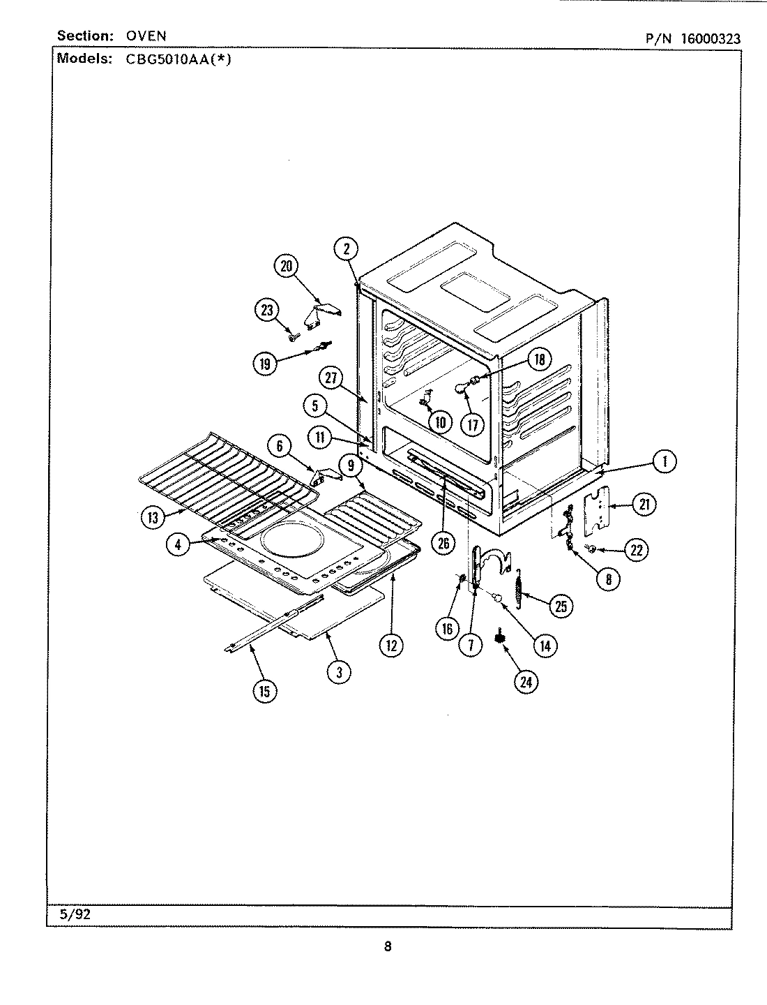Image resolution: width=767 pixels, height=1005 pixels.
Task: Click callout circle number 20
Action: coord(286,266)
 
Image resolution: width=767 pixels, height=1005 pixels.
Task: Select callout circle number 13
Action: coord(153,517)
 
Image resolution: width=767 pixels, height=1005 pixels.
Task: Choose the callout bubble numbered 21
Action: coord(644,504)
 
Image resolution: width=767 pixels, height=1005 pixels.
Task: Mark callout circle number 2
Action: coord(346,248)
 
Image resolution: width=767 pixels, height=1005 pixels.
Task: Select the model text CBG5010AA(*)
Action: coord(178,59)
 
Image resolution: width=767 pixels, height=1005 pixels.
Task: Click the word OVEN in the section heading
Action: coord(146,36)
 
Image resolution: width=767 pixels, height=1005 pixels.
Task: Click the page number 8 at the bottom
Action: coord(387,947)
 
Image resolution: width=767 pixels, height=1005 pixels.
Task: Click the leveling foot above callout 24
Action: coord(500,637)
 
